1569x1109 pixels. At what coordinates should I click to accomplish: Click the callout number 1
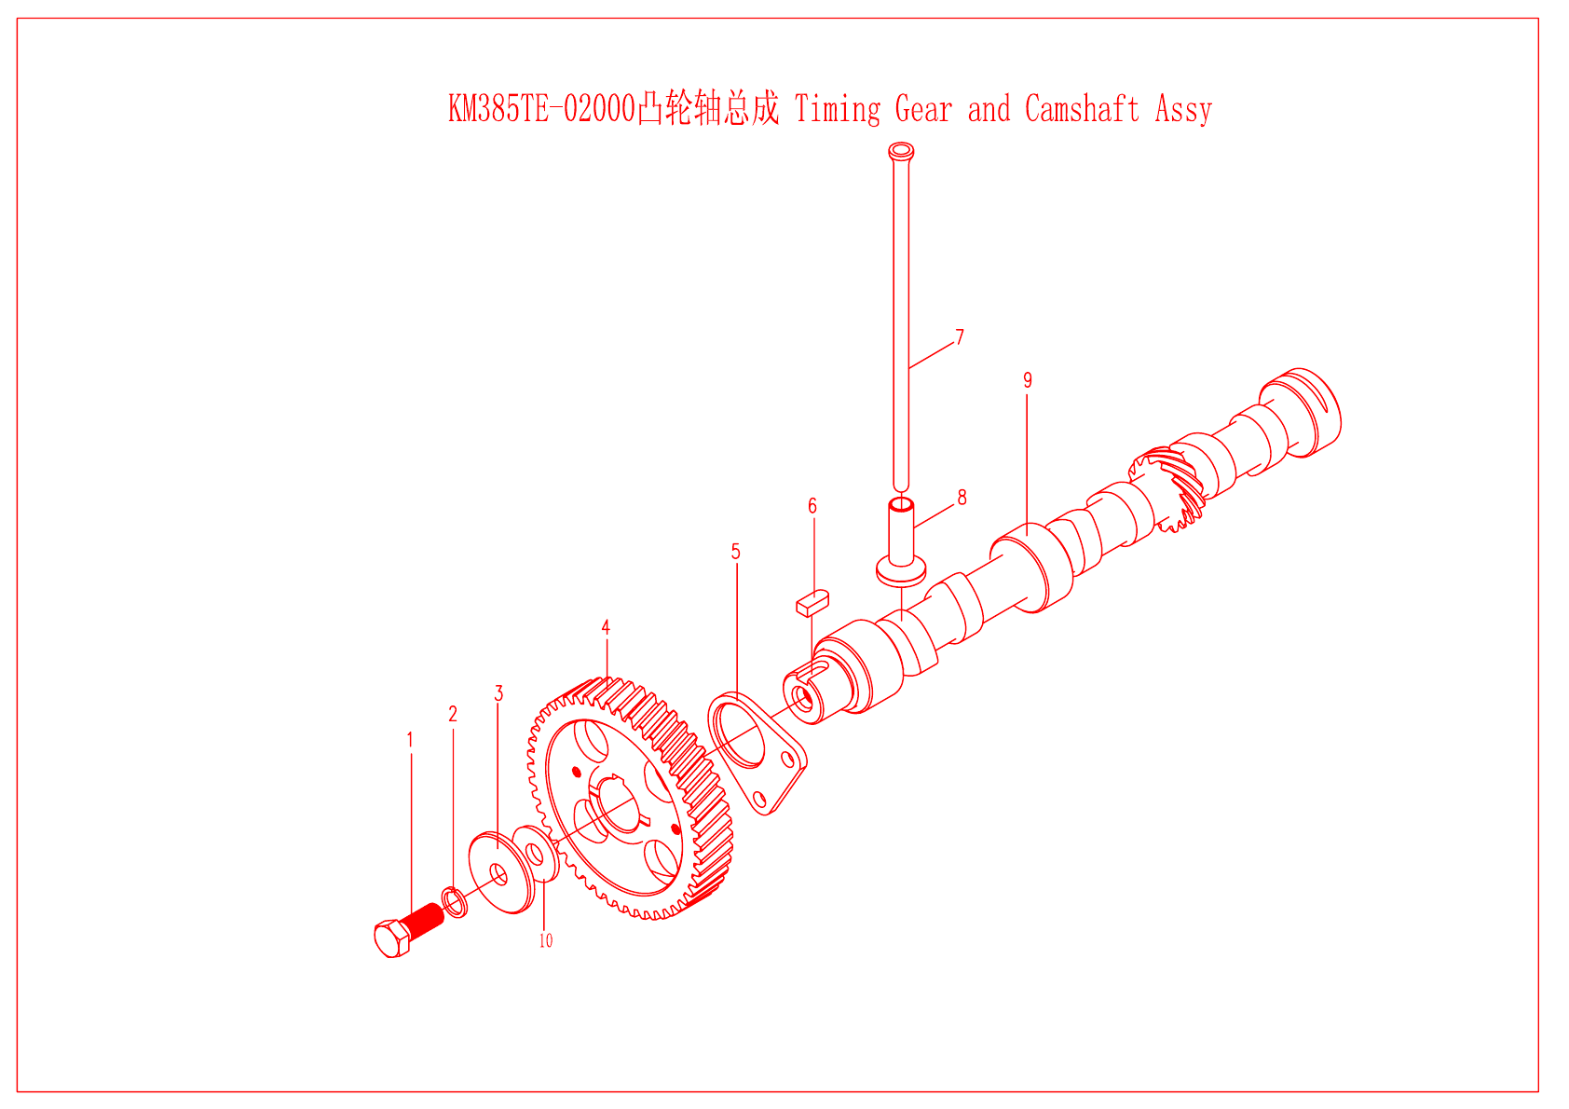pos(410,740)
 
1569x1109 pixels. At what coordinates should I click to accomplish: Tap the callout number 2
pos(453,714)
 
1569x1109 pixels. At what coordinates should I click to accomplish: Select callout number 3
pos(498,693)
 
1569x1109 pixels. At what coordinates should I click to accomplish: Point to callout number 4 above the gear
pos(606,627)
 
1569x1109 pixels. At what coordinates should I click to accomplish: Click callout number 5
pos(735,552)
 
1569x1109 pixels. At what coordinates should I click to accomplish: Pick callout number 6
pos(812,506)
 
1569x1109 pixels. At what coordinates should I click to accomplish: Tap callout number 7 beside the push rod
pos(960,337)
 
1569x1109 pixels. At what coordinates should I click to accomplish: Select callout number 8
pos(962,498)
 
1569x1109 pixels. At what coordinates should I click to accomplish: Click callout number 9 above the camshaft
pos(1028,380)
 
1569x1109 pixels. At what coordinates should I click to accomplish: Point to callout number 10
pos(546,941)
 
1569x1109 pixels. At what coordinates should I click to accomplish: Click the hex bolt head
pos(392,938)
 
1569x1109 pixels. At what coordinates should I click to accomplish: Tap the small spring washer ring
pos(455,901)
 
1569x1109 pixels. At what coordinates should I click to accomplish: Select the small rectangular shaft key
pos(812,601)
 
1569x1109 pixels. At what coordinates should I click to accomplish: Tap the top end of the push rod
pos(901,151)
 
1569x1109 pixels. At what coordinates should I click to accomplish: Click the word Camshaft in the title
pos(1082,109)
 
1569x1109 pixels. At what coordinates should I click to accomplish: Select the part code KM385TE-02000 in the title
pos(541,109)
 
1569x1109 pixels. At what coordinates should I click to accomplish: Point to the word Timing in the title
pos(837,109)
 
